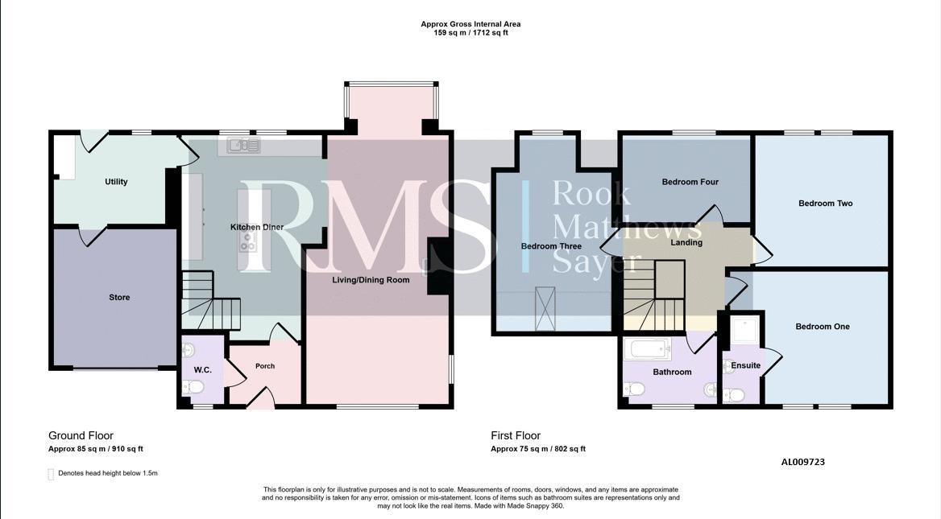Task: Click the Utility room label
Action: [116, 182]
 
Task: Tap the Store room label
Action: [119, 297]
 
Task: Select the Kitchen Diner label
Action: [257, 227]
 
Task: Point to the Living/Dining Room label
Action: [371, 280]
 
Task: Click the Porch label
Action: [265, 366]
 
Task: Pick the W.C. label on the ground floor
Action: [203, 370]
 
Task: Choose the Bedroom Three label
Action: [551, 246]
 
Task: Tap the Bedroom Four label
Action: [690, 182]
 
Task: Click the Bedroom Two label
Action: [825, 203]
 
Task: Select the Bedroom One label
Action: [823, 327]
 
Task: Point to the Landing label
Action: [686, 243]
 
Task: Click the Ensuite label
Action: [745, 365]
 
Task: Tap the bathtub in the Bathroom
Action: [647, 348]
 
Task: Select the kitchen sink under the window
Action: [243, 145]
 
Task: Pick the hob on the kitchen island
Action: [247, 241]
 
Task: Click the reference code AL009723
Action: [803, 462]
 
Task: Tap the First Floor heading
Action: [516, 435]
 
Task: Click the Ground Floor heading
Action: [81, 435]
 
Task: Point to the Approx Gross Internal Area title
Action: [470, 25]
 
